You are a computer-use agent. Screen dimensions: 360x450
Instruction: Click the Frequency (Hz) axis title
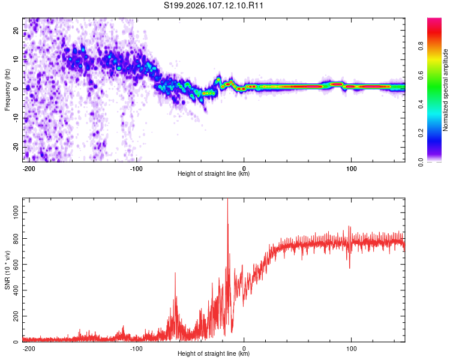[7, 89]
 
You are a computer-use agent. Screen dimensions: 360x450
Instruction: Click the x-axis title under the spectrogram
[214, 174]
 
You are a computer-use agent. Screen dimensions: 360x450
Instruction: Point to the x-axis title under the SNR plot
[214, 354]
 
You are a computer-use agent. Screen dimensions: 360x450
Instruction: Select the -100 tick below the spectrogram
[136, 167]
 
